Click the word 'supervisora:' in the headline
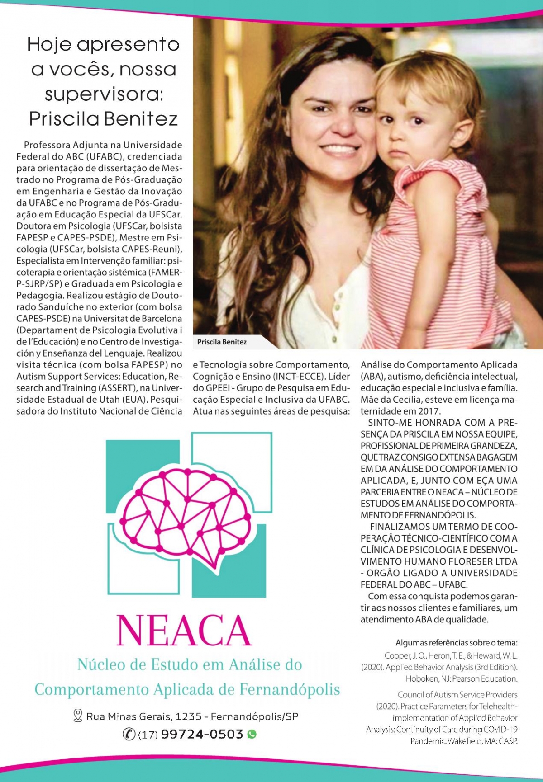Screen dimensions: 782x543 coord(104,94)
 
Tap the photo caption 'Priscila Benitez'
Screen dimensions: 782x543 coord(222,342)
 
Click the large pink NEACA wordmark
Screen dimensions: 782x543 coord(184,631)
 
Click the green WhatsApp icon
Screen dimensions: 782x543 coord(252,734)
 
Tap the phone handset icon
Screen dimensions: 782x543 coord(129,735)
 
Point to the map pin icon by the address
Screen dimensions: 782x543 coord(77,716)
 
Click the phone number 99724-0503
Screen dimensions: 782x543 coord(202,734)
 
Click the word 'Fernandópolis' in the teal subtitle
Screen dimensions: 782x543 coord(290,690)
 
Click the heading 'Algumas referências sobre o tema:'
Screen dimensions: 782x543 coord(456,643)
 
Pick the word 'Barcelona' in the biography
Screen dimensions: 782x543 coord(161,319)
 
